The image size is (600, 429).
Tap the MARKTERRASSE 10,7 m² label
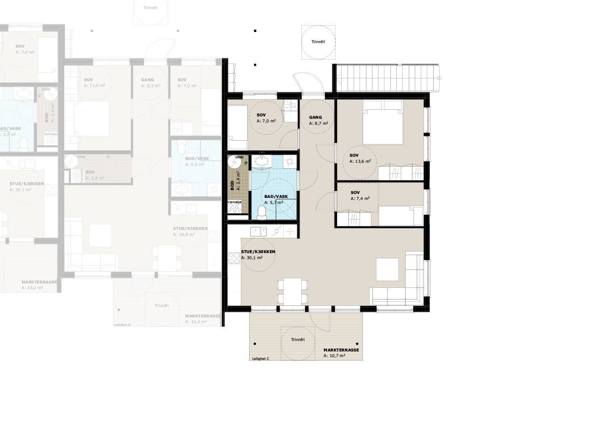(341, 352)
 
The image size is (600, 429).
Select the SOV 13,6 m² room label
(360, 158)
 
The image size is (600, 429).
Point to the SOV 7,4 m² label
(360, 196)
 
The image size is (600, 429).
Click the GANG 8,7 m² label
(318, 120)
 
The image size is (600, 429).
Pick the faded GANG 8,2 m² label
(150, 83)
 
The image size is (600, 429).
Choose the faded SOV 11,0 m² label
(94, 83)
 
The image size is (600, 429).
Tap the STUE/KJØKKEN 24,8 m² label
(190, 231)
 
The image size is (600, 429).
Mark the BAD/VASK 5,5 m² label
(197, 162)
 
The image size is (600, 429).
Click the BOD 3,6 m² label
(94, 175)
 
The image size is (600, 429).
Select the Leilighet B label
(122, 325)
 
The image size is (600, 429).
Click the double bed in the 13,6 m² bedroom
(382, 122)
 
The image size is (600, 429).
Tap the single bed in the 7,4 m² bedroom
(400, 216)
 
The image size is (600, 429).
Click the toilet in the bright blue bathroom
(262, 212)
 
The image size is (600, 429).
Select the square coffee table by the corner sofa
(387, 269)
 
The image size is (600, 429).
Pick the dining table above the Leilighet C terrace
(292, 291)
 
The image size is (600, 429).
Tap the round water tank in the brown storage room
(234, 162)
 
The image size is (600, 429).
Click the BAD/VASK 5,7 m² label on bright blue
(276, 200)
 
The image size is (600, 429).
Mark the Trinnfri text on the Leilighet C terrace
(298, 339)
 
